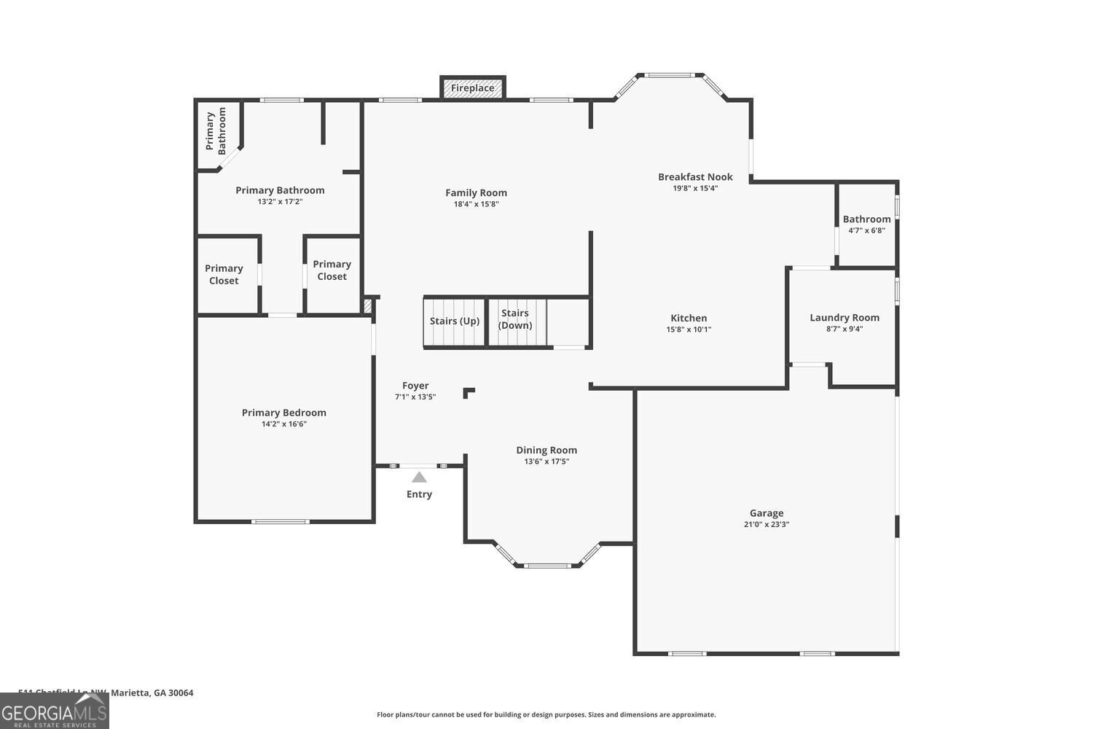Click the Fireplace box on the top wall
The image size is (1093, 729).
[x=472, y=87]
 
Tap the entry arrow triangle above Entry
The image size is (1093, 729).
[x=419, y=477]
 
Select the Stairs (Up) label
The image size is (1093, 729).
[x=455, y=321]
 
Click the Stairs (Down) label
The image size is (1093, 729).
[x=515, y=319]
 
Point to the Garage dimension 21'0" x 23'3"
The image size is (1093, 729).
[x=767, y=524]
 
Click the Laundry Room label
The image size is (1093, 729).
[x=845, y=317]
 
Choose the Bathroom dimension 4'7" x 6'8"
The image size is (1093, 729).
[x=866, y=230]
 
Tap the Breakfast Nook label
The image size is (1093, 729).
[x=695, y=176]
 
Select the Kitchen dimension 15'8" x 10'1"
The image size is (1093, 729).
[x=689, y=330]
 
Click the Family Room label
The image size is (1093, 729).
[x=476, y=192]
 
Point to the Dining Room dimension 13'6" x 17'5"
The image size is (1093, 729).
[x=546, y=461]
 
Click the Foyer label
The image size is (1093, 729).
[x=415, y=386]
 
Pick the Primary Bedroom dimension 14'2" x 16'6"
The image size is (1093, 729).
[x=284, y=424]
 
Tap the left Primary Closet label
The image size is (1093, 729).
[x=224, y=274]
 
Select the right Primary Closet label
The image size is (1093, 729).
[x=332, y=270]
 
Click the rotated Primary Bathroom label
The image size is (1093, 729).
[x=216, y=130]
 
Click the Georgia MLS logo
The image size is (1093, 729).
[x=55, y=711]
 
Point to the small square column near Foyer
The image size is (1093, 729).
[x=469, y=393]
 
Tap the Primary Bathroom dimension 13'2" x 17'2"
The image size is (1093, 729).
[x=280, y=202]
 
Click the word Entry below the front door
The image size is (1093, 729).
[x=419, y=494]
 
